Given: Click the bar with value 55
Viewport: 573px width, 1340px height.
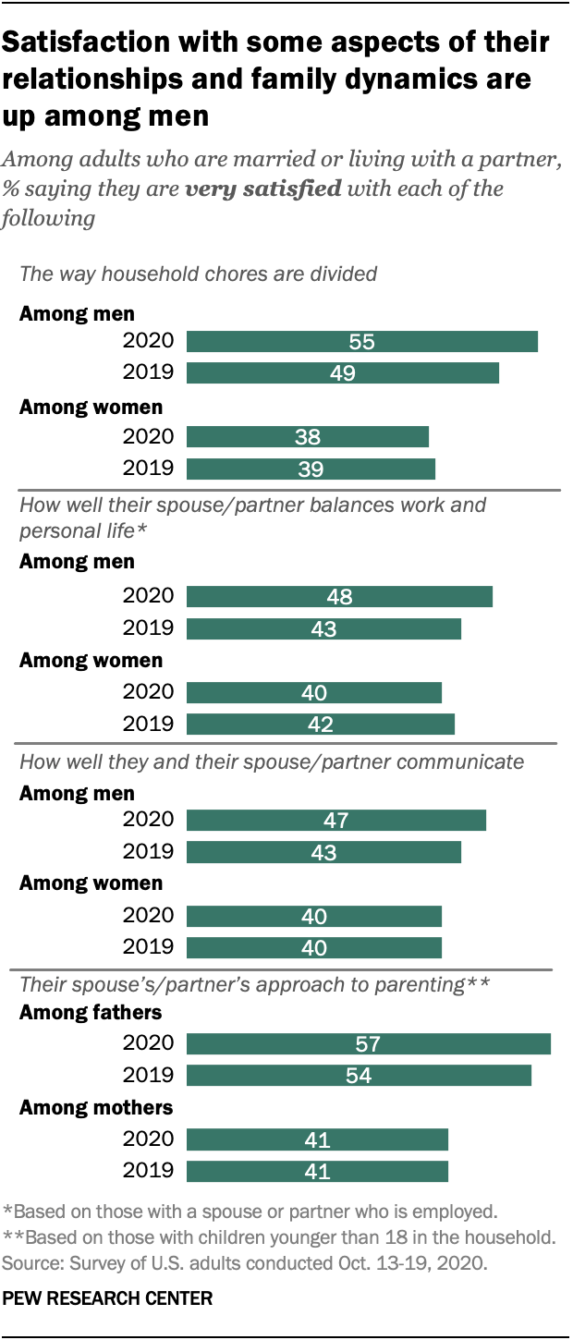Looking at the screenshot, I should click(361, 341).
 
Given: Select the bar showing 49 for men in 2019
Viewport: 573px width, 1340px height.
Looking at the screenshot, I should click(342, 372).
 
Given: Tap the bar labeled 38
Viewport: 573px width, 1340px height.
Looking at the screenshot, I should click(308, 437).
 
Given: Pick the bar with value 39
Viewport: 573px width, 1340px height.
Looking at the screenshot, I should click(311, 469).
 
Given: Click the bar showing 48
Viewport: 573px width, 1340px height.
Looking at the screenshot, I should click(339, 596).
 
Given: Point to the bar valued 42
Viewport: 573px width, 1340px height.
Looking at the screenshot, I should click(320, 724).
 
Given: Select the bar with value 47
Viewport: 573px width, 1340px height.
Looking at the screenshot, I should click(335, 820).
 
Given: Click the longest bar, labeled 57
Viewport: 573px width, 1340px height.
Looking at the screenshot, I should click(368, 1043).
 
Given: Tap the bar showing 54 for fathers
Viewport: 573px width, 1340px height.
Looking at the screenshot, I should click(359, 1075).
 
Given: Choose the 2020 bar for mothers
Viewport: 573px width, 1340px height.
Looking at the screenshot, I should click(317, 1139).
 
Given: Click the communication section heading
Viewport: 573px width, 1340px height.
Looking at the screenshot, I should click(272, 761).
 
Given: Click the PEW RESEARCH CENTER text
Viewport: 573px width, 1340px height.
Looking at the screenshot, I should click(108, 1298).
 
